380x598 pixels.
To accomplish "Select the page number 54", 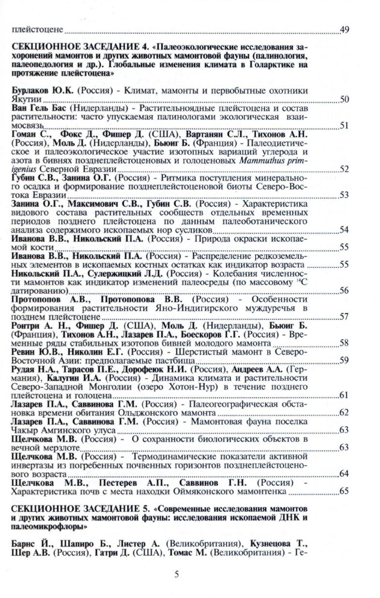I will [345, 229].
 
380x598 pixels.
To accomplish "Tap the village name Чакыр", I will [24, 430].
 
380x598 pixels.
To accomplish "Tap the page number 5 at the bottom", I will [177, 574].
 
